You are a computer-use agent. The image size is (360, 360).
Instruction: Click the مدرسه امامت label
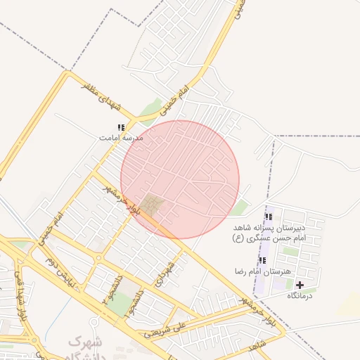pos(121,139)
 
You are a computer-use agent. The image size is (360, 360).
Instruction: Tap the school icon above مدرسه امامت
pos(121,128)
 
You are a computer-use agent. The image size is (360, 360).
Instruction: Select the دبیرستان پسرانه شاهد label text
pos(271,229)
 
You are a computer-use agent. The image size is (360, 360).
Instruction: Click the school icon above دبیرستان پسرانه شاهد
pos(269,217)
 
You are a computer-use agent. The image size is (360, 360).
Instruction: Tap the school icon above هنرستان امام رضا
pos(262,260)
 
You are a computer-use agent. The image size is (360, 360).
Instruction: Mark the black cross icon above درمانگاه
pos(301,285)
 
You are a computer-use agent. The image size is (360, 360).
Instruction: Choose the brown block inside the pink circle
pos(153,205)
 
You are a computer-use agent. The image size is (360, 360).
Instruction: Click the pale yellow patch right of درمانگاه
pos(349,304)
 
